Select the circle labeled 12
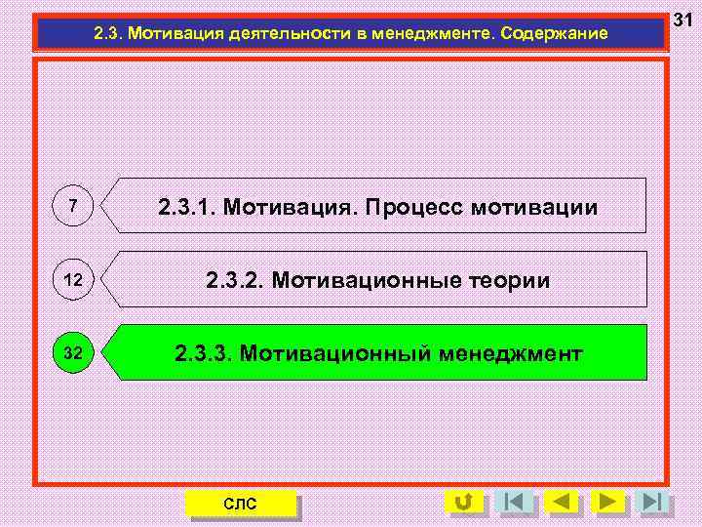(x=73, y=279)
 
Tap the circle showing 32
(x=73, y=352)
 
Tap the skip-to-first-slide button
(x=513, y=502)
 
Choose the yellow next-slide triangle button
(x=608, y=502)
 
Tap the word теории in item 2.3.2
(x=506, y=281)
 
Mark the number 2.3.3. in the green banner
(x=203, y=353)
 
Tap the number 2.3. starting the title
(x=108, y=33)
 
